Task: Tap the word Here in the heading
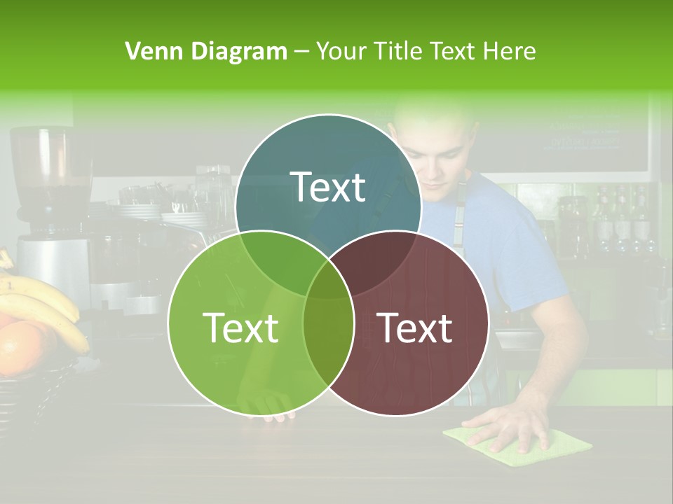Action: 510,51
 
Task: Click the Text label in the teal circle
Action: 328,187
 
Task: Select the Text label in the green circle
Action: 240,328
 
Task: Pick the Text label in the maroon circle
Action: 414,328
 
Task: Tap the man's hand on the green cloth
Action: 508,427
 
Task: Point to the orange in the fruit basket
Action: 20,346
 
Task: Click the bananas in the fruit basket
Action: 42,301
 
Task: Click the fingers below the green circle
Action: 277,416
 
